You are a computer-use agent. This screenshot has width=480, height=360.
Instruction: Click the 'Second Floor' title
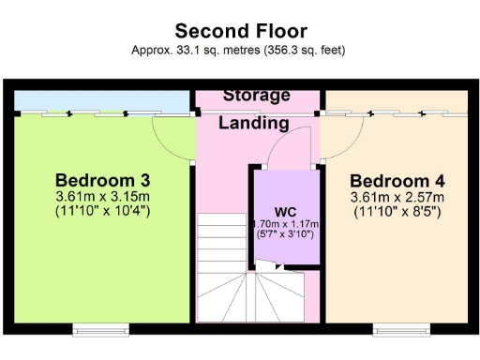(239, 32)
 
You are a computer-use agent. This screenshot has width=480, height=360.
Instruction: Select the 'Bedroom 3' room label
(103, 180)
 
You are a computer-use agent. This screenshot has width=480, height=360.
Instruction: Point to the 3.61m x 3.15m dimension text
(103, 197)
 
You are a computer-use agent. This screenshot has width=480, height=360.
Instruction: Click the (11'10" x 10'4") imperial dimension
(103, 211)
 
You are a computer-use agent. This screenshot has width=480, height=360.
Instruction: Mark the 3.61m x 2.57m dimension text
(397, 198)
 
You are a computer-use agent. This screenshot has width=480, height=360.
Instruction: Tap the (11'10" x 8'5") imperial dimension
(397, 212)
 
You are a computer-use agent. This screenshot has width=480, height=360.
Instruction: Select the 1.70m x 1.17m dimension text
(286, 225)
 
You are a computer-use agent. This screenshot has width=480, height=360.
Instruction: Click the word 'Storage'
(256, 96)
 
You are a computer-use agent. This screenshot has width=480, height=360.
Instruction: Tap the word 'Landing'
(254, 123)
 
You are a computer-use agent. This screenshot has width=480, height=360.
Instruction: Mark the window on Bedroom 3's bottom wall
(102, 329)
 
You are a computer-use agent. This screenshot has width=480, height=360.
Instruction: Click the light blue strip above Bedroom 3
(103, 99)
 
